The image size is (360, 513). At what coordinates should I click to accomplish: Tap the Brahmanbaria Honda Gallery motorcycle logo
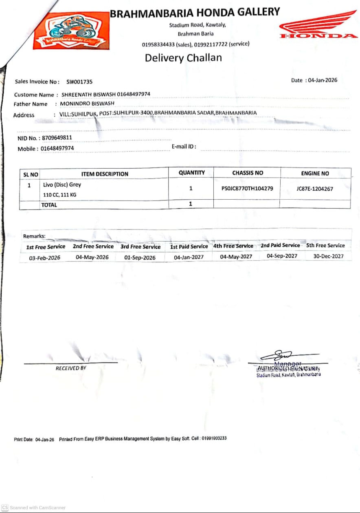pos(71,31)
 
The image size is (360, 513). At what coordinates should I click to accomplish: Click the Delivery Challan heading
pos(183,58)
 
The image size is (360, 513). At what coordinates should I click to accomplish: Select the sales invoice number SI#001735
pos(79,81)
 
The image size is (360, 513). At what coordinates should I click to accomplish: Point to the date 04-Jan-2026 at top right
pos(323,80)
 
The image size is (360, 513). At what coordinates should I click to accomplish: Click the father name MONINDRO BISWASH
pos(87,103)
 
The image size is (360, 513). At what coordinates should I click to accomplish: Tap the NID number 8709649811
pos(57,138)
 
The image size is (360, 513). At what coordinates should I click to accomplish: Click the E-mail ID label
pos(184,147)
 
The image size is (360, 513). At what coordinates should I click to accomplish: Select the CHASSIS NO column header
pos(248,173)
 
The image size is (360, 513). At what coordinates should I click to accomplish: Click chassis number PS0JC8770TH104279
pos(247,189)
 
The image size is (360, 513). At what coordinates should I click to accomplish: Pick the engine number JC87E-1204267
pos(315,189)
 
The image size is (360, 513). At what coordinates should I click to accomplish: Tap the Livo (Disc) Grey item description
pos(62,185)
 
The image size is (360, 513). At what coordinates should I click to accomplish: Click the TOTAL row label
pos(49,205)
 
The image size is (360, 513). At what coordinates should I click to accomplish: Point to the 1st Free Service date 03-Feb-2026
pos(44,258)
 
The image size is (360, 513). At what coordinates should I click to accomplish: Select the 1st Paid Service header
pos(189,247)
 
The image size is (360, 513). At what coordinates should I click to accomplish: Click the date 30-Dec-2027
pos(328,256)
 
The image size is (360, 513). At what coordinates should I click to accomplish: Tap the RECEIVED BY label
pos(71,368)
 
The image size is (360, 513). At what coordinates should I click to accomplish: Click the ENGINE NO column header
pos(315,173)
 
